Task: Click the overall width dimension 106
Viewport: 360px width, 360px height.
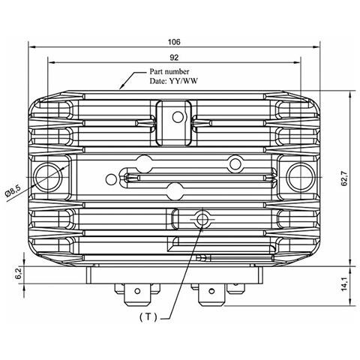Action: (174, 41)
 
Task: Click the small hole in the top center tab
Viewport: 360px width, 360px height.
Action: (176, 116)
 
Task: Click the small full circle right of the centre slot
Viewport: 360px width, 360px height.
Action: (235, 163)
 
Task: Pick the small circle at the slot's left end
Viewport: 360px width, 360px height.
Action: (112, 178)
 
